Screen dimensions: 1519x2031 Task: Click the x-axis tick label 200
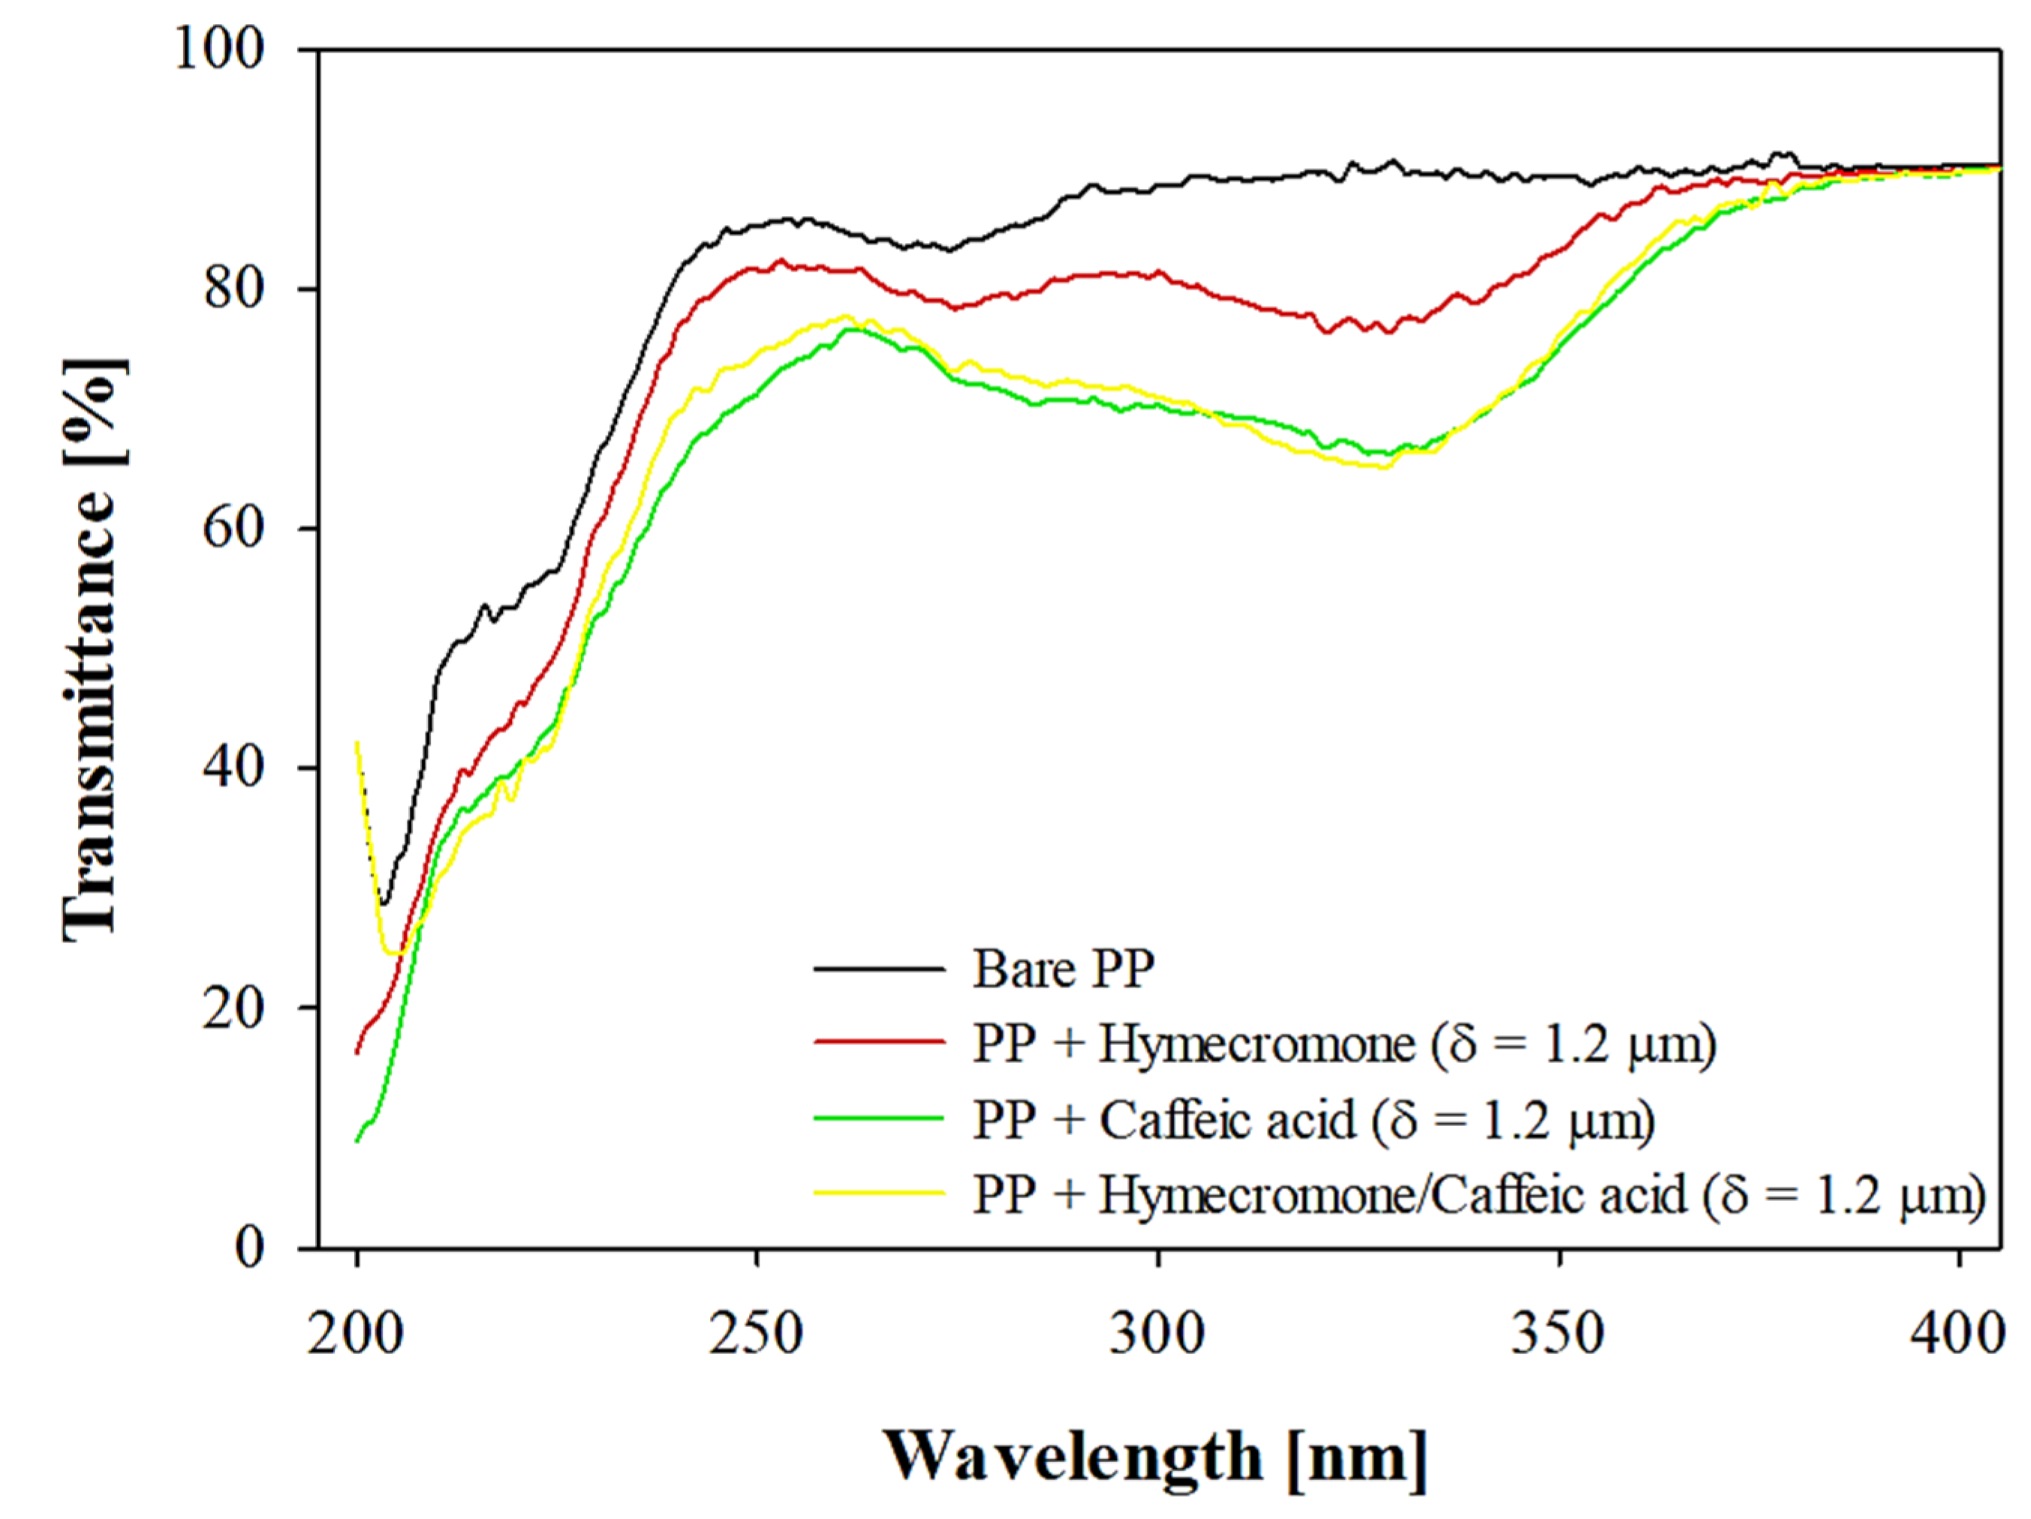[x=355, y=1334]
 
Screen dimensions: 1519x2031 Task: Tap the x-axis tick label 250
[x=757, y=1334]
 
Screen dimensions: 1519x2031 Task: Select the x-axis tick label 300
[x=1157, y=1334]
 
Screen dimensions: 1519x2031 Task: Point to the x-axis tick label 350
[x=1558, y=1334]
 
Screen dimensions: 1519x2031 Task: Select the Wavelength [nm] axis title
[x=1155, y=1457]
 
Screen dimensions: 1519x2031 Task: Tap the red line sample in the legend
[x=879, y=1042]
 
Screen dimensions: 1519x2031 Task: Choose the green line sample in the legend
[x=879, y=1118]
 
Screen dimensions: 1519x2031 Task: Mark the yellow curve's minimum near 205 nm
[x=393, y=953]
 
